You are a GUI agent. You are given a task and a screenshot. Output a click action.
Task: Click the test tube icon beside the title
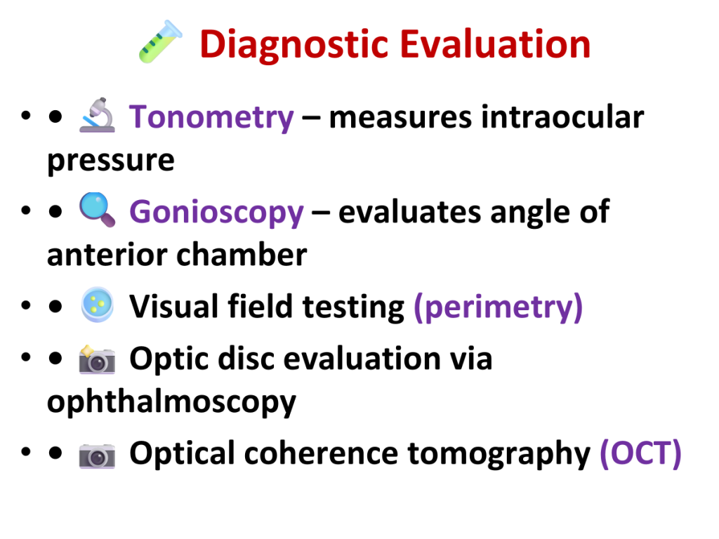[161, 41]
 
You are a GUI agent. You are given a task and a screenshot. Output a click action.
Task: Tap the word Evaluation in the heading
[496, 44]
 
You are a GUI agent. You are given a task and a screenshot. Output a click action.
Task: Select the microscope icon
[97, 115]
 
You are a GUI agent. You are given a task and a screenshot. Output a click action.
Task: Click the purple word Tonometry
[211, 118]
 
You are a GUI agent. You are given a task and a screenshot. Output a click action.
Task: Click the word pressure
[111, 161]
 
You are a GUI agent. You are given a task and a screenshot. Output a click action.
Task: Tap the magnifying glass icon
[97, 209]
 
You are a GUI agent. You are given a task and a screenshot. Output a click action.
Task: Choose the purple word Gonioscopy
[216, 213]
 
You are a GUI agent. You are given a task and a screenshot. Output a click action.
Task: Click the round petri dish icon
[97, 305]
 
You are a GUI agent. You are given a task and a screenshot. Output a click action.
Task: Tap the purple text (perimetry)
[499, 307]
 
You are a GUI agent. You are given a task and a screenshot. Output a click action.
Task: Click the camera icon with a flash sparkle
[97, 359]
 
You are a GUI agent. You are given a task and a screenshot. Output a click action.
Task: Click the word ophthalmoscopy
[172, 402]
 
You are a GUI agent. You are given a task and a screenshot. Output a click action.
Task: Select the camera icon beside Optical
[97, 455]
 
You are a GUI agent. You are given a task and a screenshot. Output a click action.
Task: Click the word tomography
[499, 454]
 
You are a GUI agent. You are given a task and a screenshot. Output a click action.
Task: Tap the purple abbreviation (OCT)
[640, 454]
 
